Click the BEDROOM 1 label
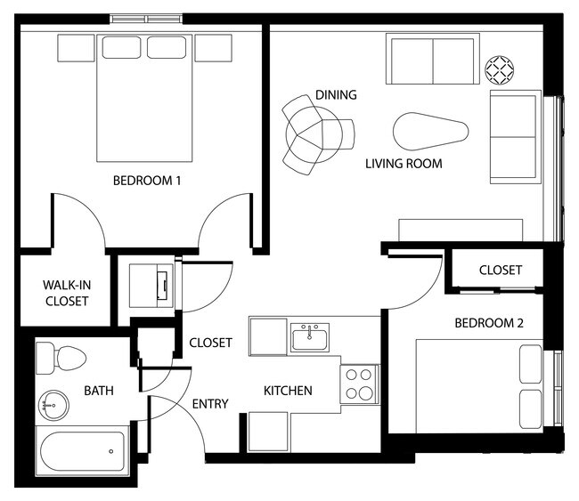point(147,182)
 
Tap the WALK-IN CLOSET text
point(66,294)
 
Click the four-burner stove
point(359,384)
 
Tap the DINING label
point(336,95)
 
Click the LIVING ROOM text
point(404,164)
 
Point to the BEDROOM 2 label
point(488,323)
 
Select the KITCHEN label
point(288,390)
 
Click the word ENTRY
point(210,404)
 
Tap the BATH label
point(98,390)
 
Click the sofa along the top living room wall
point(431,60)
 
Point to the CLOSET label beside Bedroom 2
point(500,271)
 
